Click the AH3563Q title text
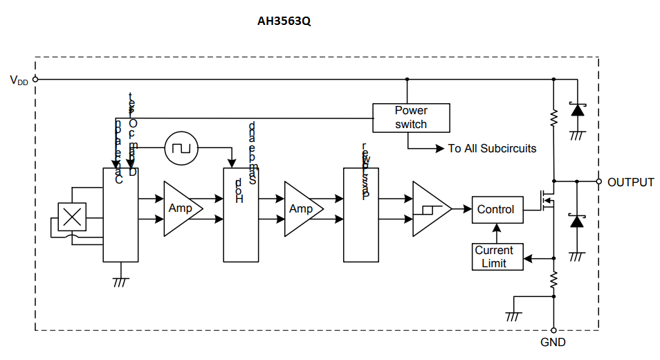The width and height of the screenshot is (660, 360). (284, 21)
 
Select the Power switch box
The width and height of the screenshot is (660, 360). (411, 118)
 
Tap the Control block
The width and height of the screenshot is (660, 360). (496, 209)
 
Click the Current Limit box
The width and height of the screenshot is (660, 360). (494, 257)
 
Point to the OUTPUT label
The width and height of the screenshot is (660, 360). (630, 183)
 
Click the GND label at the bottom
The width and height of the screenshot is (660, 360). (553, 342)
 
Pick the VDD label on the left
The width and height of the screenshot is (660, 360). (19, 80)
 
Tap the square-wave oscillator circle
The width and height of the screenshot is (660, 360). (181, 147)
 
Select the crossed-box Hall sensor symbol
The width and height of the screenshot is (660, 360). (70, 217)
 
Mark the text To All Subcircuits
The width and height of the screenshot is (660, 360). (492, 148)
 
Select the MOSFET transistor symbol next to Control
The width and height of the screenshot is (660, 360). (547, 201)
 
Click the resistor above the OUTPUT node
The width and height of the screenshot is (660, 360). (553, 118)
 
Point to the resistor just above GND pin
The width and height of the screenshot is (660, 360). (553, 280)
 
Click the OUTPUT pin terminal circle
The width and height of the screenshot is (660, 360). (598, 181)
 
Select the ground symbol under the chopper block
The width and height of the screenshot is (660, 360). (120, 280)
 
